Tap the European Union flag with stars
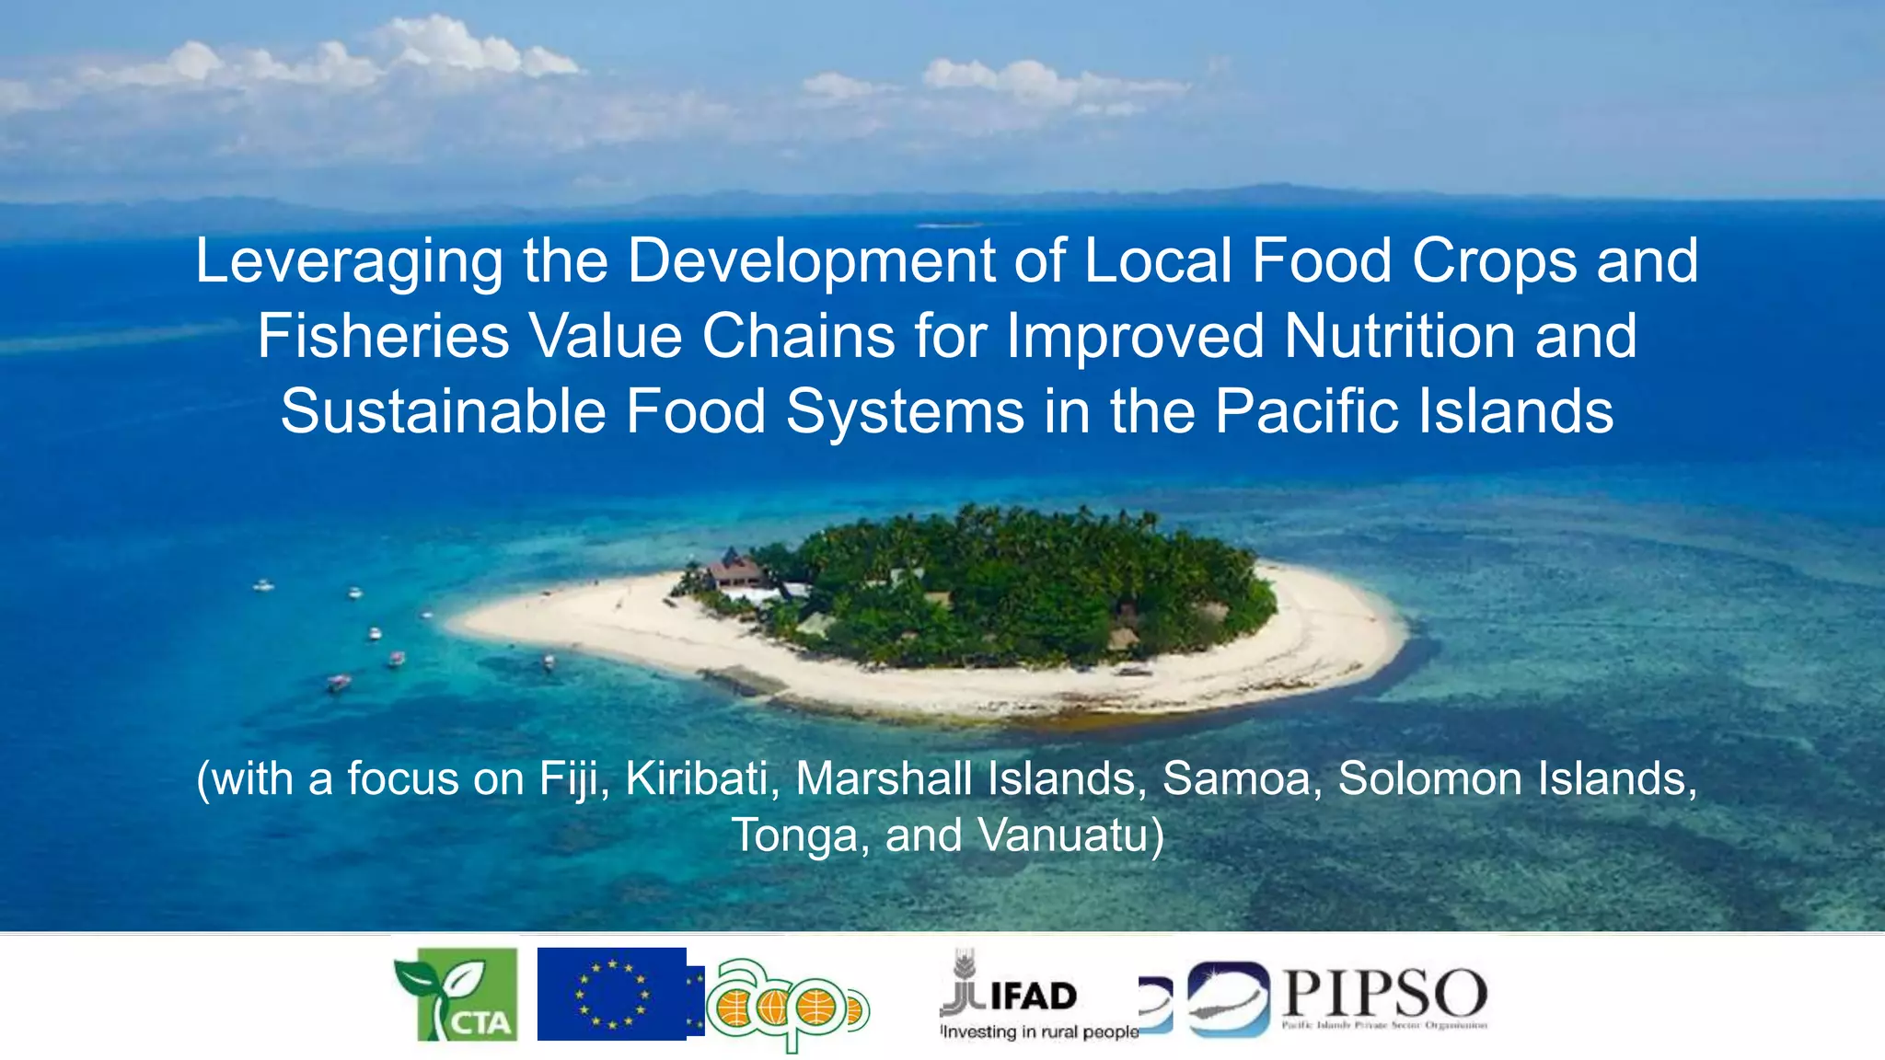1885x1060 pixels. pos(612,994)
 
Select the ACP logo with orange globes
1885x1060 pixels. pos(787,1006)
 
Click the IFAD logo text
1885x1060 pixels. pos(1033,996)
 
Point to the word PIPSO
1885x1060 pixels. pos(1384,994)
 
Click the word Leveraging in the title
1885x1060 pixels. pos(349,261)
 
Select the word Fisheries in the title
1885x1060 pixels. pos(382,336)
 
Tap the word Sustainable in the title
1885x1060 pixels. pos(443,411)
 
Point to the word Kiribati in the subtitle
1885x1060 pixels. pos(697,779)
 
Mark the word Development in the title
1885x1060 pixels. pos(812,261)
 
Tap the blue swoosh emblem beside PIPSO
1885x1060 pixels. pos(1228,998)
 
